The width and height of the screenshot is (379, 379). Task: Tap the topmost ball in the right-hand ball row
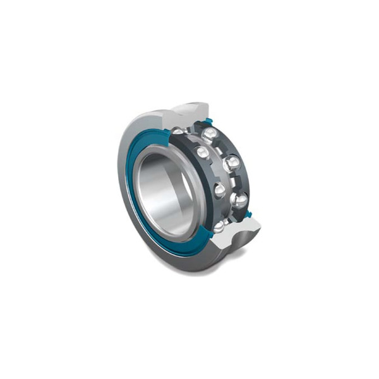click(x=210, y=134)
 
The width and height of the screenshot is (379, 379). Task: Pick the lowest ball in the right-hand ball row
click(x=240, y=201)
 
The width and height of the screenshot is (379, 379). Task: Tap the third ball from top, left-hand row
click(x=219, y=189)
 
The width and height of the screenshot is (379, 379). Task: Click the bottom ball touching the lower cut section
click(x=219, y=226)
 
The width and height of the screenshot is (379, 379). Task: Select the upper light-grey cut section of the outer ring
click(x=189, y=114)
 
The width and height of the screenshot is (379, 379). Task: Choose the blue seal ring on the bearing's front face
click(x=136, y=208)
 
